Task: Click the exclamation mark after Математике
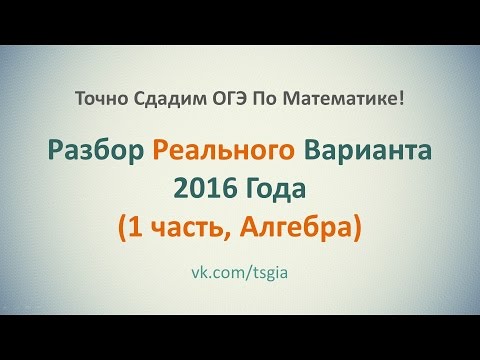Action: [x=402, y=99]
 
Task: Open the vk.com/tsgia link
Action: [x=240, y=272]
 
